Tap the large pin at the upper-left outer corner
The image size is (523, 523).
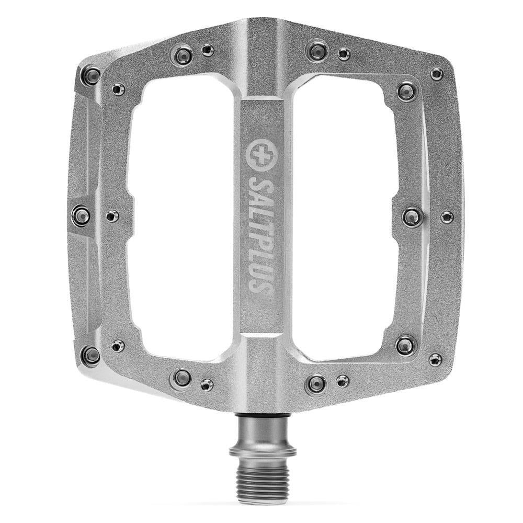click(91, 76)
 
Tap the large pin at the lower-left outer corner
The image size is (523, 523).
click(90, 355)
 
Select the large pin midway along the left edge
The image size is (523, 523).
click(81, 215)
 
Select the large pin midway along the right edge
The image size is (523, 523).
click(412, 216)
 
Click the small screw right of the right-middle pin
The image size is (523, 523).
click(447, 217)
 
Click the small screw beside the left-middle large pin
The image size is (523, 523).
click(112, 215)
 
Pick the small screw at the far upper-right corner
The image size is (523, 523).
click(437, 74)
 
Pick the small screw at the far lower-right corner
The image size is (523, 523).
click(435, 359)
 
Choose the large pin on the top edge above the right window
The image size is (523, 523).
click(317, 51)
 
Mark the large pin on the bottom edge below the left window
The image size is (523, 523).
click(182, 378)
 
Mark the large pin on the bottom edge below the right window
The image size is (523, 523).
click(316, 384)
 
